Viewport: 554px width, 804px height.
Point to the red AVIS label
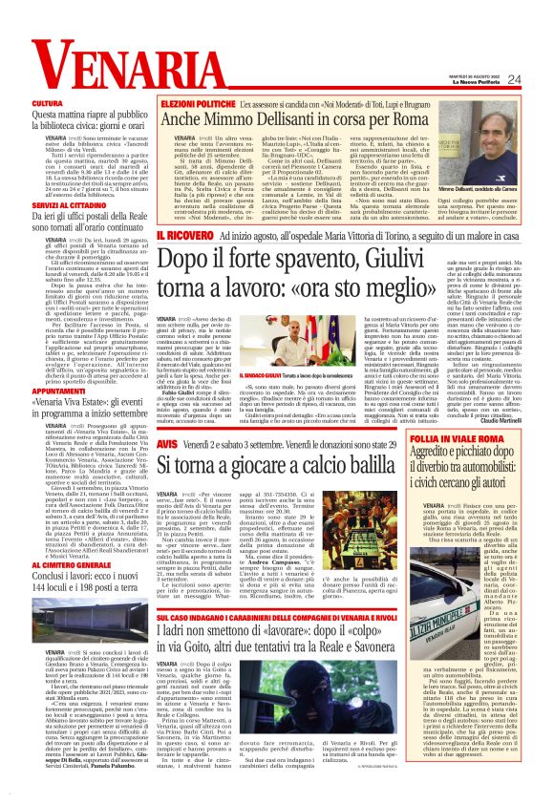(167, 444)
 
